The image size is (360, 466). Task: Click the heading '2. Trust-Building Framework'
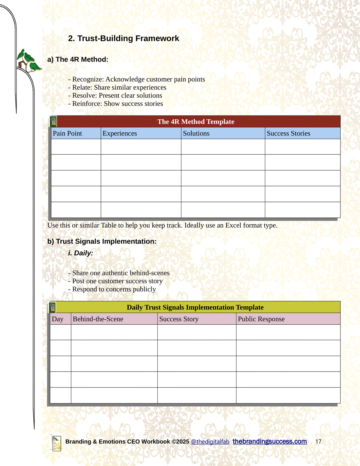click(x=123, y=39)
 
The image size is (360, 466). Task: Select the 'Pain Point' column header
click(x=67, y=133)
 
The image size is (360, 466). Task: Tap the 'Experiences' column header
click(x=120, y=133)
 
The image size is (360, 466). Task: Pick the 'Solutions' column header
click(x=196, y=133)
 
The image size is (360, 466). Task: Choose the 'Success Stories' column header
click(x=288, y=133)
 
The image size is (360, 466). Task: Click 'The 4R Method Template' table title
click(x=196, y=121)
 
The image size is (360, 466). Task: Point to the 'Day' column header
click(x=57, y=319)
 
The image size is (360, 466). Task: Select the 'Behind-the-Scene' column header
click(x=98, y=319)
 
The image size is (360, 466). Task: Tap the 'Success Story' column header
click(x=179, y=319)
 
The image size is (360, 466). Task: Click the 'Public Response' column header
click(x=261, y=319)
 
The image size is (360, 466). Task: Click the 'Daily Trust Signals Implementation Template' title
click(x=195, y=307)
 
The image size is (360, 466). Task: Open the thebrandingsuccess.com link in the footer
click(x=270, y=441)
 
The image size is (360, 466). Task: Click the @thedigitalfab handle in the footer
click(x=210, y=442)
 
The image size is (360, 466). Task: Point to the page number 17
click(x=318, y=442)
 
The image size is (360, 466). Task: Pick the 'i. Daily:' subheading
click(x=80, y=253)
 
